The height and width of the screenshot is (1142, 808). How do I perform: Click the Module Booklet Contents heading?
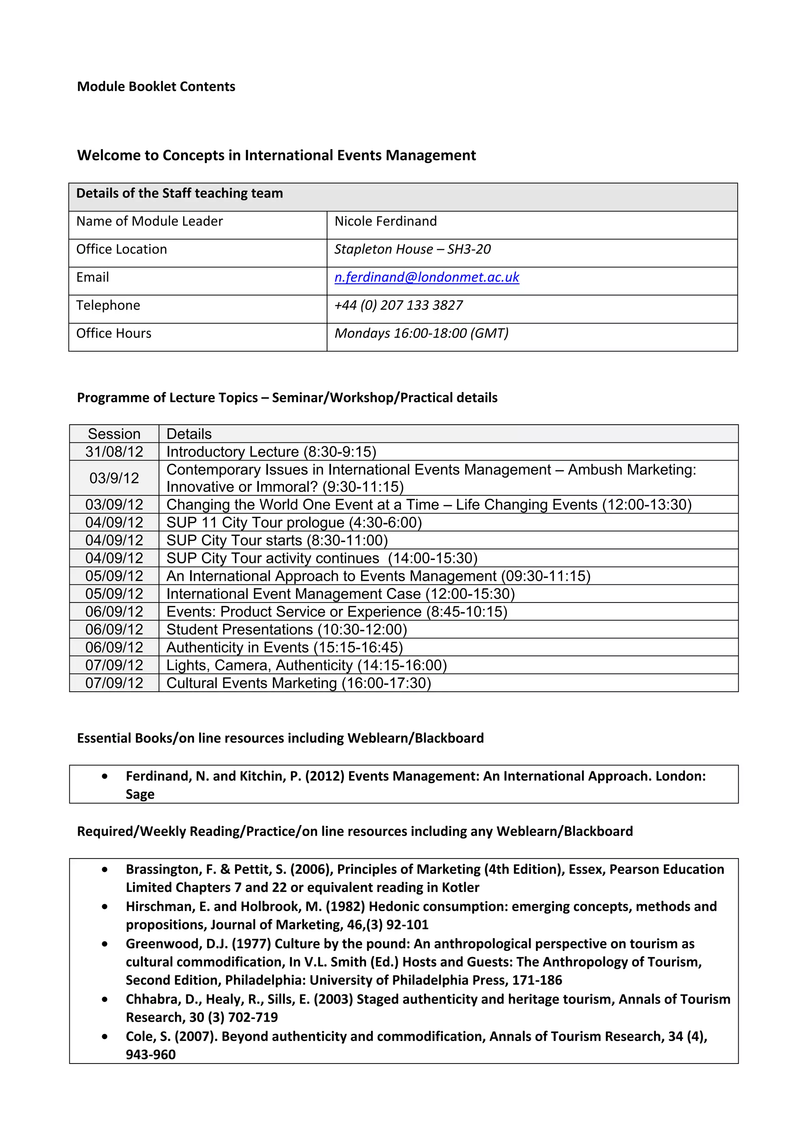(156, 86)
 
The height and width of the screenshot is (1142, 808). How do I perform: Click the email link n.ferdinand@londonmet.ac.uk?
(426, 278)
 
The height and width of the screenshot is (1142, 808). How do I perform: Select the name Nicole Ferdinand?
(385, 221)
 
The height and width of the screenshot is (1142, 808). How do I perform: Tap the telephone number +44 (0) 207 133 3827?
(398, 305)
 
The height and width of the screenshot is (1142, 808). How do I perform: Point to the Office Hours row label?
(114, 333)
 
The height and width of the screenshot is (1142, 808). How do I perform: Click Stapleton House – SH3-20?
(412, 249)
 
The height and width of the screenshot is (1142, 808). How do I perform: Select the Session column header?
(114, 434)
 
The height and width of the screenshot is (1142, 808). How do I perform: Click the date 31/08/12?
(114, 452)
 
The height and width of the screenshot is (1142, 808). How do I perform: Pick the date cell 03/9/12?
(114, 478)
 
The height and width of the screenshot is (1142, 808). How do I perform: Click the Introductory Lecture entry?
(271, 452)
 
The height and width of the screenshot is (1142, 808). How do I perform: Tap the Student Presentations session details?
(286, 630)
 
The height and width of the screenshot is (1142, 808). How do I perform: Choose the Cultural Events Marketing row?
(299, 683)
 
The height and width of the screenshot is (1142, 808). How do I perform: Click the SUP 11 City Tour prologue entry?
(294, 523)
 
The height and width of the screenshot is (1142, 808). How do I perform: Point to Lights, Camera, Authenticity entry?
(307, 666)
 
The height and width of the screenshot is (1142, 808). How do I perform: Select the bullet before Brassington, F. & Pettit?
(105, 870)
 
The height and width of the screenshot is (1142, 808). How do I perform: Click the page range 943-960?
(150, 1054)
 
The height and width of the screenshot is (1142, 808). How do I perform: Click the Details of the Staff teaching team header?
(179, 194)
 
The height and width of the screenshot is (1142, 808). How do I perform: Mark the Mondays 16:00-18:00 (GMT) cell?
(421, 333)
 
